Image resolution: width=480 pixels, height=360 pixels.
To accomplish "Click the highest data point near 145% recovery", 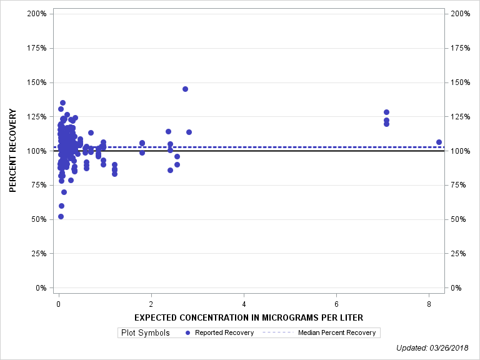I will coord(185,89).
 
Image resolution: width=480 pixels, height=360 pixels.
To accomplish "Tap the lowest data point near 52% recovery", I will coord(61,216).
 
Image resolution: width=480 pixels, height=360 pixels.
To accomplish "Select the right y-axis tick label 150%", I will coord(459,82).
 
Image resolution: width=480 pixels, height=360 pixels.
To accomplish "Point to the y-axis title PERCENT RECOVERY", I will coord(13,151).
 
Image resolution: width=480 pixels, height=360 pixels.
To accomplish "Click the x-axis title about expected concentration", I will coord(248,317).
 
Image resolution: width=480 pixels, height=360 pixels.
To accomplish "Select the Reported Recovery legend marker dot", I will coord(188,332).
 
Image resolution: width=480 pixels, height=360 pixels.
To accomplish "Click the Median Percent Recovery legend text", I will coord(337,332).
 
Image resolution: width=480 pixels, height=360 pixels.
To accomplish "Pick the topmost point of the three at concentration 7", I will coord(386,112).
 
